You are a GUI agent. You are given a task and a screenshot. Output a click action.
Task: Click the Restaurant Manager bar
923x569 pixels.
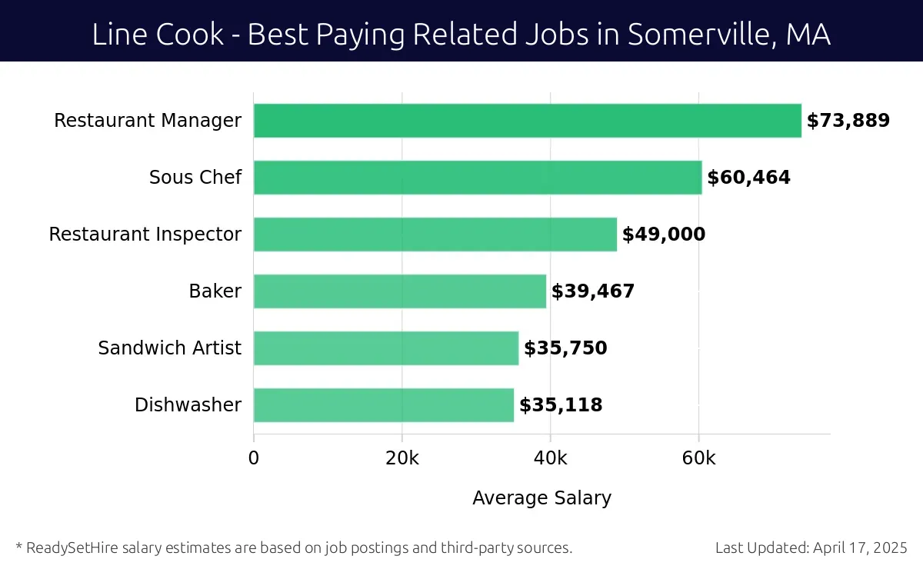click(527, 121)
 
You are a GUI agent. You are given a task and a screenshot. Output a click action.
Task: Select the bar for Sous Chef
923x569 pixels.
click(478, 178)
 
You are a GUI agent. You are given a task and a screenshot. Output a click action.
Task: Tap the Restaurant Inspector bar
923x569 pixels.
click(435, 235)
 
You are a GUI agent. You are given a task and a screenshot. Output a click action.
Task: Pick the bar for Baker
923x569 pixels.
click(400, 291)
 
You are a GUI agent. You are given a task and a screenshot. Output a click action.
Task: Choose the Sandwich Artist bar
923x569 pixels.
click(386, 348)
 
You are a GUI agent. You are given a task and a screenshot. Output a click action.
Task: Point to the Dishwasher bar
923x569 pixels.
click(384, 405)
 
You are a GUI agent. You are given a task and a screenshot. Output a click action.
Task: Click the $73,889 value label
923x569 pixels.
click(848, 121)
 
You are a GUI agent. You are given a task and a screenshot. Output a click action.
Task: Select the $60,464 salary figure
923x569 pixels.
click(748, 178)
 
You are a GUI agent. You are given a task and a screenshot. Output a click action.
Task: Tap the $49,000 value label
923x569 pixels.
click(663, 235)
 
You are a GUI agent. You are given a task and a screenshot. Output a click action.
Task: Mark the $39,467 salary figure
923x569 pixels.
click(592, 291)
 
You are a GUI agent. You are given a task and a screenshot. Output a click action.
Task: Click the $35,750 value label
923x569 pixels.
click(565, 348)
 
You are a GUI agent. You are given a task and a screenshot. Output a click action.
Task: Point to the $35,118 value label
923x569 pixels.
click(561, 405)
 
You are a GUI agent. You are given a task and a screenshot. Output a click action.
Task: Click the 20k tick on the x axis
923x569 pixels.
click(402, 459)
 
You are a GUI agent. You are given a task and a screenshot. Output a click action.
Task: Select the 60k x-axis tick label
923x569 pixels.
click(698, 459)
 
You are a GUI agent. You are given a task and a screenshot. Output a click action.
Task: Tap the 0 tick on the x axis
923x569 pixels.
click(254, 459)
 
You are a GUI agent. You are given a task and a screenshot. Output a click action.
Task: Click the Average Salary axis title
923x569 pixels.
click(541, 498)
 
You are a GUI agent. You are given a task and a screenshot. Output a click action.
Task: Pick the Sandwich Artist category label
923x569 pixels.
click(169, 348)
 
